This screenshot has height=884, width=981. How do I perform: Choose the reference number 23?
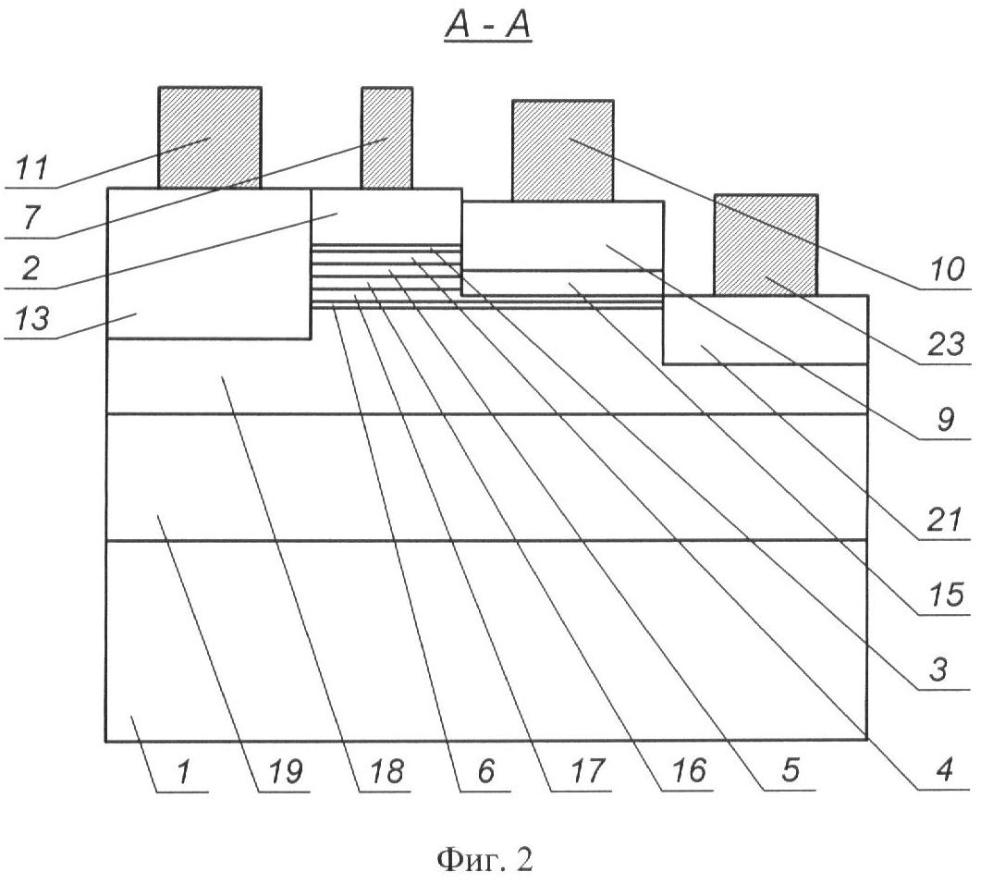(x=946, y=345)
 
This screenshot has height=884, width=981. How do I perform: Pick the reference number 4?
(x=946, y=770)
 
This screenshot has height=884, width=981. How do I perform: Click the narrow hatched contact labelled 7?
(x=386, y=137)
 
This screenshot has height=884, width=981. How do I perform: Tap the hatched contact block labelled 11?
(x=209, y=137)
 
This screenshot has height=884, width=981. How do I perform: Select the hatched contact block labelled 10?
(x=562, y=150)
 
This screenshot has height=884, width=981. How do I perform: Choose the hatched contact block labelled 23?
(x=766, y=244)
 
